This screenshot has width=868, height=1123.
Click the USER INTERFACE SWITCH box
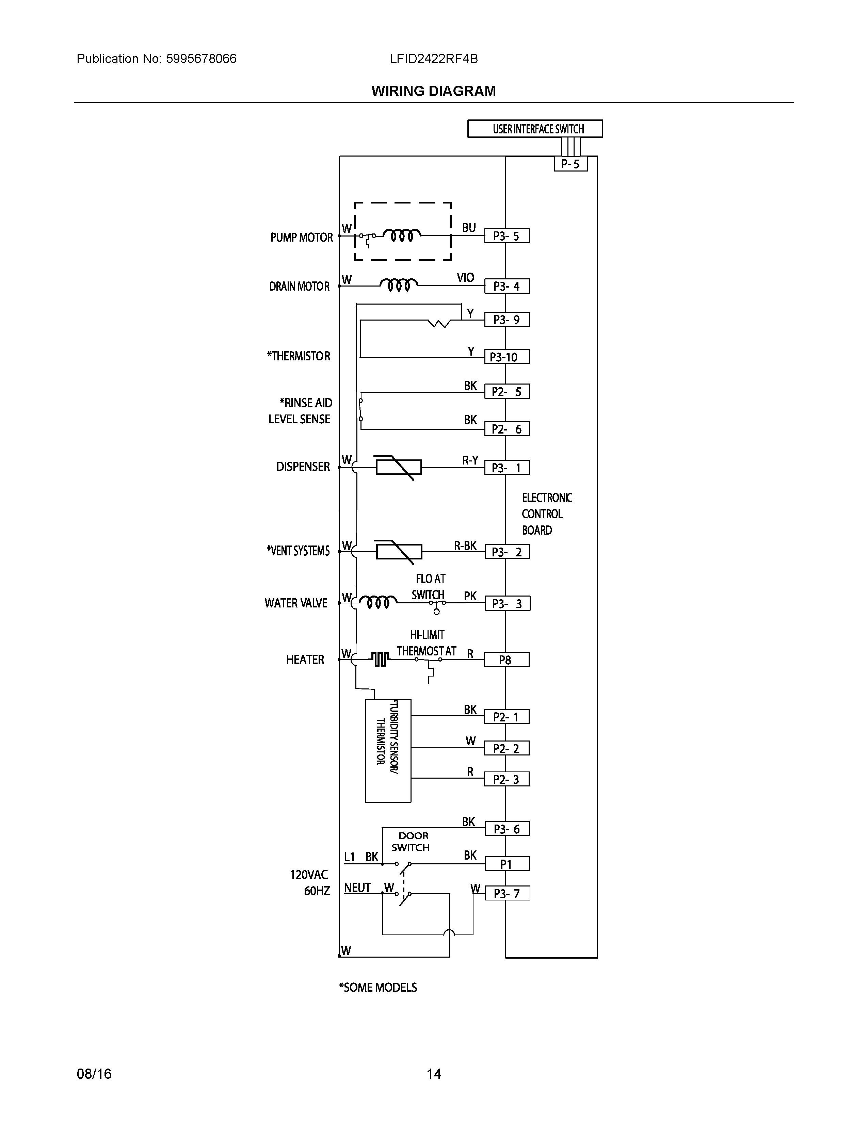click(x=535, y=129)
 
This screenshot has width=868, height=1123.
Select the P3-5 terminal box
click(x=507, y=236)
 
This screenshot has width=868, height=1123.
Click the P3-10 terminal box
click(x=507, y=357)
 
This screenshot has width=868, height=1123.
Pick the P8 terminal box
click(x=507, y=660)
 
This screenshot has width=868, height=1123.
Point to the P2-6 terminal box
click(x=507, y=429)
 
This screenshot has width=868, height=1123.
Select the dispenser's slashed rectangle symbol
click(x=399, y=467)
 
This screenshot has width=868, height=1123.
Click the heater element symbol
click(x=380, y=659)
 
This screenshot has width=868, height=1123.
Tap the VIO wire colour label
click(x=465, y=278)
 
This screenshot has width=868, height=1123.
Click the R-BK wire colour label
click(x=465, y=546)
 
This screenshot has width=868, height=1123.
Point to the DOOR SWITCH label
click(x=411, y=842)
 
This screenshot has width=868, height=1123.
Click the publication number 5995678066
click(x=201, y=59)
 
